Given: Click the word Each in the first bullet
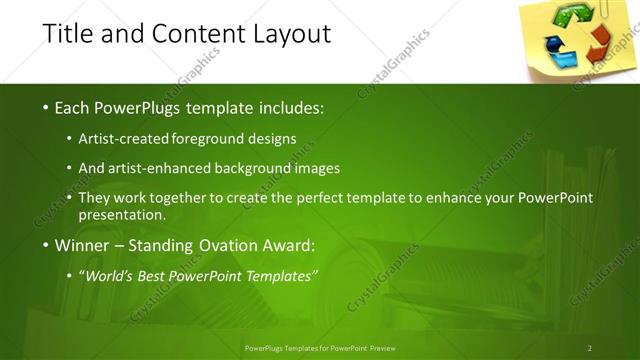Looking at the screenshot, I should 73,107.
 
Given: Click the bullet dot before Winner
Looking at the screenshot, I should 45,245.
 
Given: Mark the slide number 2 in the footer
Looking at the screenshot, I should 590,348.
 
